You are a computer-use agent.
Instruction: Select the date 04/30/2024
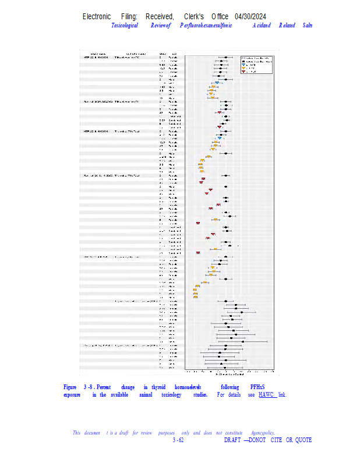(x=255, y=16)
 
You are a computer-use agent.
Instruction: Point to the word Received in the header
(x=160, y=16)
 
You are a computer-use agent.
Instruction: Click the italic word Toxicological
(x=125, y=26)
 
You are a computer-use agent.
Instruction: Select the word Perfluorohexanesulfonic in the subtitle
(x=206, y=26)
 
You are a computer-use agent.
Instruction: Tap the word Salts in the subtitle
(x=308, y=26)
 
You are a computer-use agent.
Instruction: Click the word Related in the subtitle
(x=287, y=26)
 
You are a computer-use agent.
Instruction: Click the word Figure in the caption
(x=70, y=387)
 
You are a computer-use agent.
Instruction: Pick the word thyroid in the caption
(x=158, y=387)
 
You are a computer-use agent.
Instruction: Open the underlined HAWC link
(x=267, y=395)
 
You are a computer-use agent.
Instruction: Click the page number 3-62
(x=178, y=440)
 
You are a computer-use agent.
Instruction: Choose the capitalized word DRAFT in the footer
(x=232, y=440)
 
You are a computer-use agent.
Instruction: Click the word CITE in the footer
(x=276, y=440)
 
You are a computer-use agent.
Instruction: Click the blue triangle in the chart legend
(x=244, y=65)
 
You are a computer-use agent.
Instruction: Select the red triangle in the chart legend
(x=244, y=72)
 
